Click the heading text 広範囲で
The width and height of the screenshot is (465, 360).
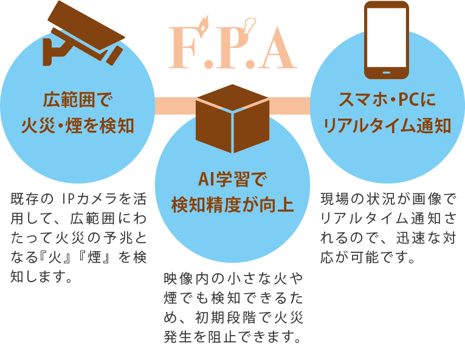pyautogui.click(x=79, y=99)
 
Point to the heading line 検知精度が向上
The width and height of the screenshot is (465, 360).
pyautogui.click(x=232, y=204)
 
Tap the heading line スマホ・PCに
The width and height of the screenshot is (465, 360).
pyautogui.click(x=388, y=99)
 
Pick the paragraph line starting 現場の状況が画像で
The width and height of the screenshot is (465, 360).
pyautogui.click(x=387, y=198)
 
